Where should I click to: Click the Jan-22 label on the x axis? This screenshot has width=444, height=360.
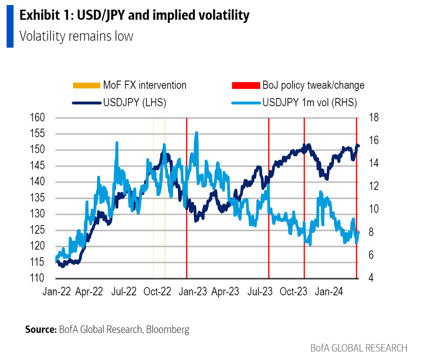tap(57, 292)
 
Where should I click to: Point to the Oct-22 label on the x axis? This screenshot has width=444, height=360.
tap(157, 292)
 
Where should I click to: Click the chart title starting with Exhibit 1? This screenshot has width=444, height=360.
tap(134, 16)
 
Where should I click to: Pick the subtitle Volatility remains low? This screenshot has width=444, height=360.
tap(76, 36)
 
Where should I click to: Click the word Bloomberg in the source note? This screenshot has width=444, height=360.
tap(168, 330)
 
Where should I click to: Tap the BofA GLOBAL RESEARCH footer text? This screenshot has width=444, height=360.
tap(358, 348)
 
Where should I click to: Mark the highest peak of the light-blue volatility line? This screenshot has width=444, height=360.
tap(197, 133)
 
